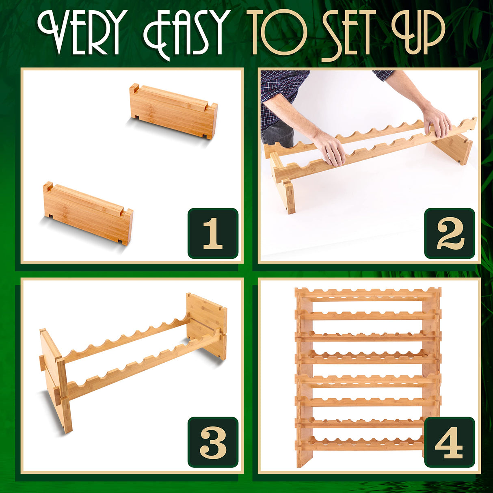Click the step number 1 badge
[x=213, y=234]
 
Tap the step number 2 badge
[x=450, y=234]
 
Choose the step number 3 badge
[x=213, y=442]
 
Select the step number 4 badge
[x=450, y=442]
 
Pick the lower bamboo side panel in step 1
[x=88, y=213]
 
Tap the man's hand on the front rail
[x=330, y=148]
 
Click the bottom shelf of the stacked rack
[x=368, y=443]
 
